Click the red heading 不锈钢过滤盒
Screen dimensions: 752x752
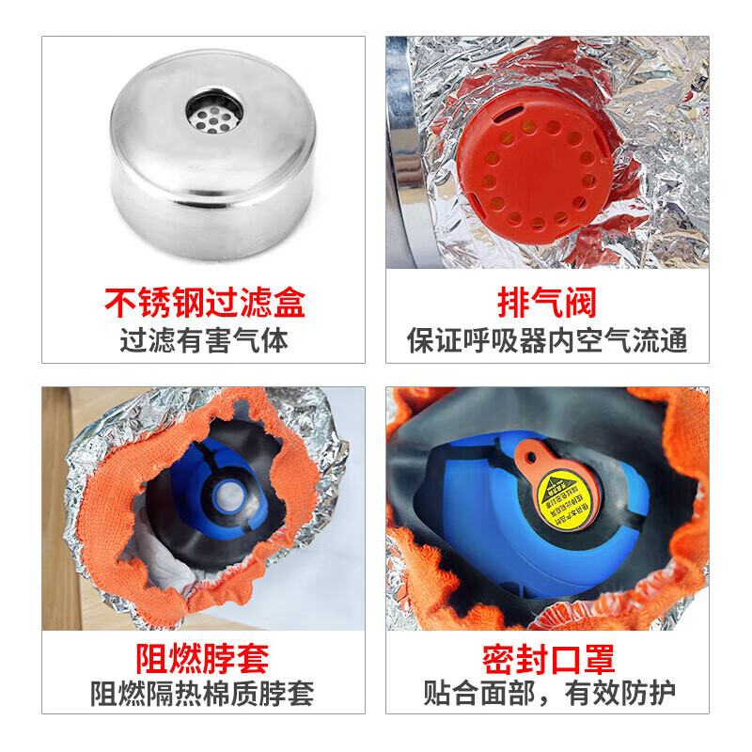click(204, 305)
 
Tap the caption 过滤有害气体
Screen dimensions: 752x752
click(204, 339)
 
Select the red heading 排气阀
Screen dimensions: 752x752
click(547, 305)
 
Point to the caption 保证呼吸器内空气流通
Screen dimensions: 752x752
click(547, 339)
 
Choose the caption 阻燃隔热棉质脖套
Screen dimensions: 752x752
click(204, 694)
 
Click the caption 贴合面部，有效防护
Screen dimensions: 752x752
click(547, 694)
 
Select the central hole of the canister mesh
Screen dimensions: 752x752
click(214, 114)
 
